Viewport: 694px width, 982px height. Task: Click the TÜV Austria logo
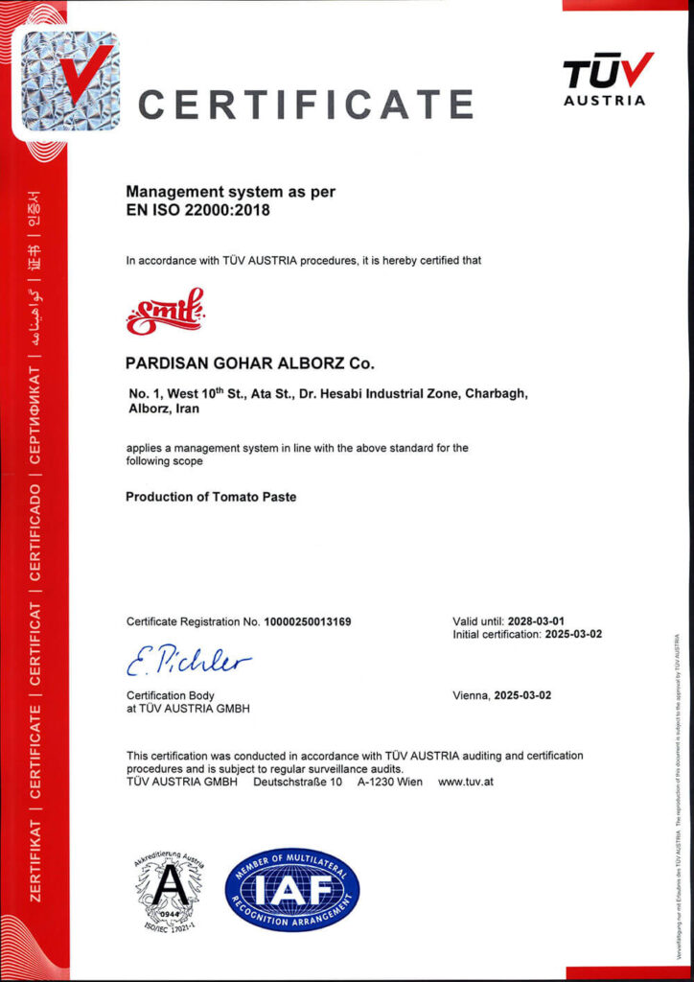[x=608, y=79]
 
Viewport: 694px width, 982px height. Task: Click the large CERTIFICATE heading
[x=306, y=103]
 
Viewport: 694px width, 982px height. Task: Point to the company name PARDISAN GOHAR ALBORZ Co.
[x=251, y=364]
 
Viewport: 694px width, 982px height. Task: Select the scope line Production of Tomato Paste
[x=211, y=498]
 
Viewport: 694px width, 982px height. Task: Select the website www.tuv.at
[x=466, y=782]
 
